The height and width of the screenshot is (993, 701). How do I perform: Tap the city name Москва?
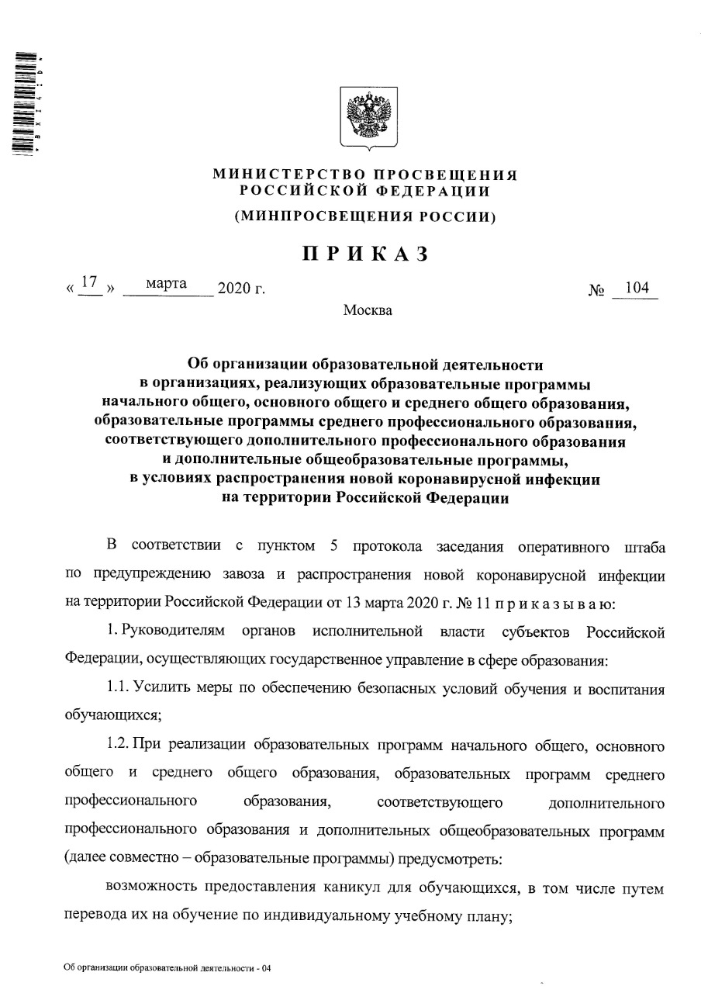point(368,311)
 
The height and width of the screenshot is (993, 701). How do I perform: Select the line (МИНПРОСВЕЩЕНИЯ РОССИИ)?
point(365,217)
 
